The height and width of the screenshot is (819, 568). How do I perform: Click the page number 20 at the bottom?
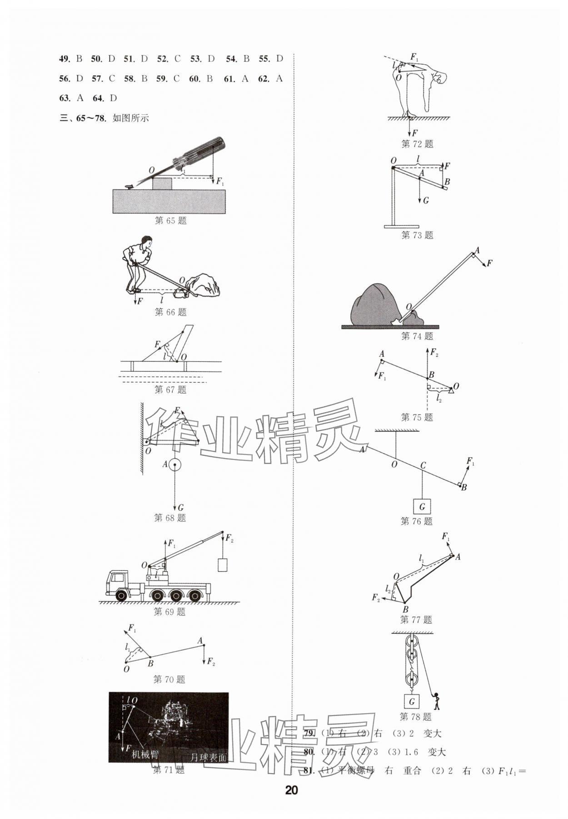[291, 790]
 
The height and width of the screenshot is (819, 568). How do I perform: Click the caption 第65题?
[170, 221]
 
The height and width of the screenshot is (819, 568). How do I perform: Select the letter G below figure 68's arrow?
[180, 508]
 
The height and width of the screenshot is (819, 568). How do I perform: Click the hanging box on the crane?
[222, 565]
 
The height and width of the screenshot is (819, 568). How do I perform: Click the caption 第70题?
[169, 680]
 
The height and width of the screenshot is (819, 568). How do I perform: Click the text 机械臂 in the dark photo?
[145, 755]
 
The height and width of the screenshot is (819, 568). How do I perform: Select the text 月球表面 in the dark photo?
[209, 758]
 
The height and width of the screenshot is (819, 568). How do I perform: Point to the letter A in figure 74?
[477, 250]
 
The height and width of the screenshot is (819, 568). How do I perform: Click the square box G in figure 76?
[422, 507]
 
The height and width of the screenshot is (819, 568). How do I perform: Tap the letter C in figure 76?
[423, 465]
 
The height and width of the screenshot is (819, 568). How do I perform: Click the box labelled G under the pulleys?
[412, 701]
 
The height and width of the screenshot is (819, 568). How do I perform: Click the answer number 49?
[64, 59]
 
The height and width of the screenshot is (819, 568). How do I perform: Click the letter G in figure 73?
[425, 200]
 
